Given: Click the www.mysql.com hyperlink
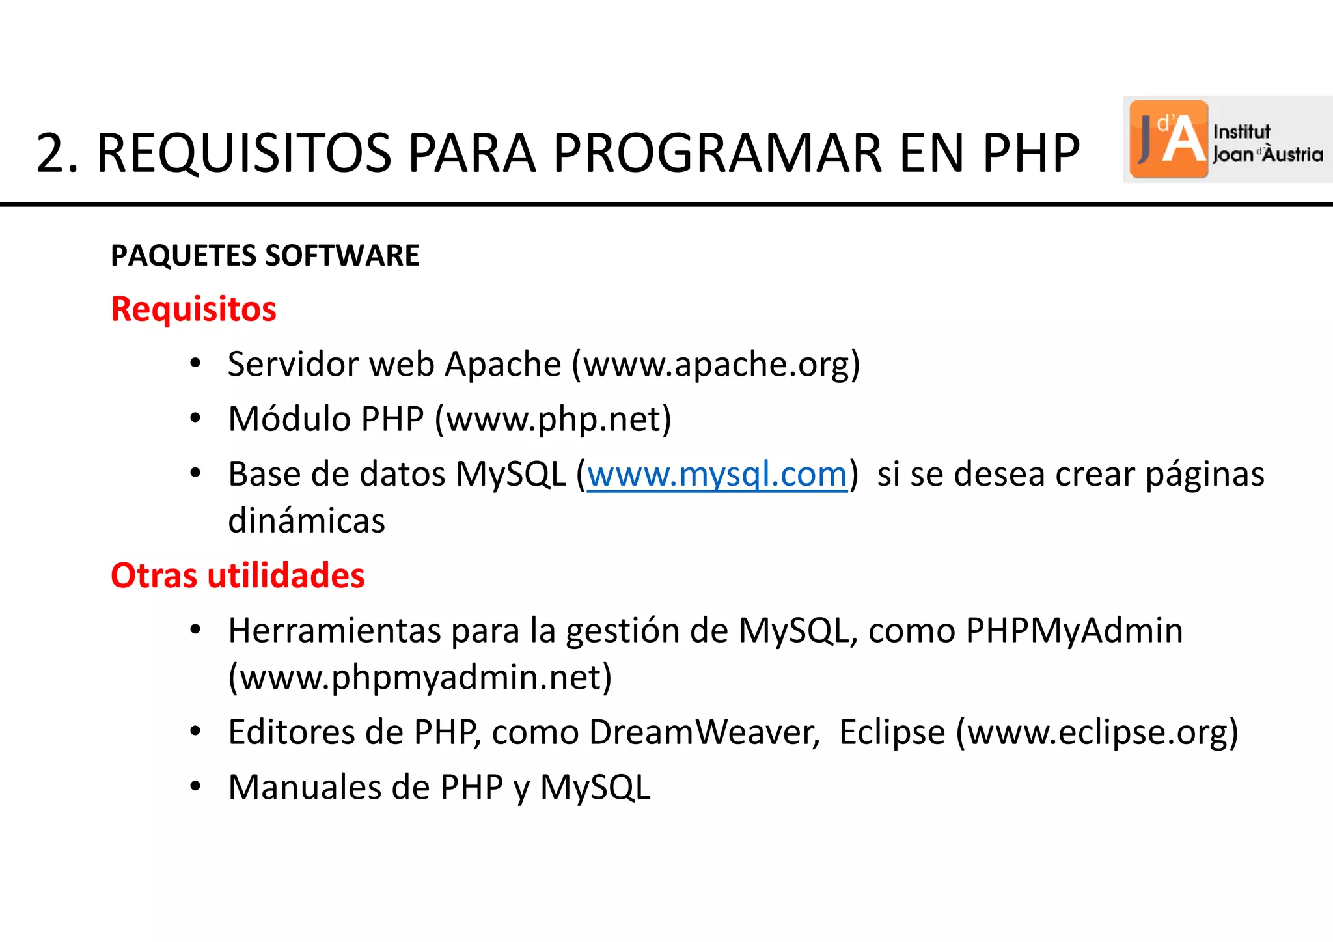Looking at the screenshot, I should click(717, 475).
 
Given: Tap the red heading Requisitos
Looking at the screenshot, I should click(193, 309).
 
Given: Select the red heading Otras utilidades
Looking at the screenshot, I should click(238, 575).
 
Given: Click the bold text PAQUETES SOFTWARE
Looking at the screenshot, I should click(265, 255).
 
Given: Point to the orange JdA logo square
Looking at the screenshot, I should click(1168, 139).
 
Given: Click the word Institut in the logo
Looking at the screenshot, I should click(1241, 132).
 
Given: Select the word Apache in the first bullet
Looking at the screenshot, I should click(502, 364).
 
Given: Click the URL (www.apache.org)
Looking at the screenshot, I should click(716, 364).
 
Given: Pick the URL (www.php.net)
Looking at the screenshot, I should click(553, 419).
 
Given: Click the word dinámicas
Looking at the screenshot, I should click(307, 521).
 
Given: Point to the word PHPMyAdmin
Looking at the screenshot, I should click(1074, 630).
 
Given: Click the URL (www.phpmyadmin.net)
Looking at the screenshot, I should click(420, 678).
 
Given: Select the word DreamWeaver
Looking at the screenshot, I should click(704, 732).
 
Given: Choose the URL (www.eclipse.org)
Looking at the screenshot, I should click(1097, 732).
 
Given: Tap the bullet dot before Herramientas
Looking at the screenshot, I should click(195, 630).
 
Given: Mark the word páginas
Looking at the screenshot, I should click(1205, 475).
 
